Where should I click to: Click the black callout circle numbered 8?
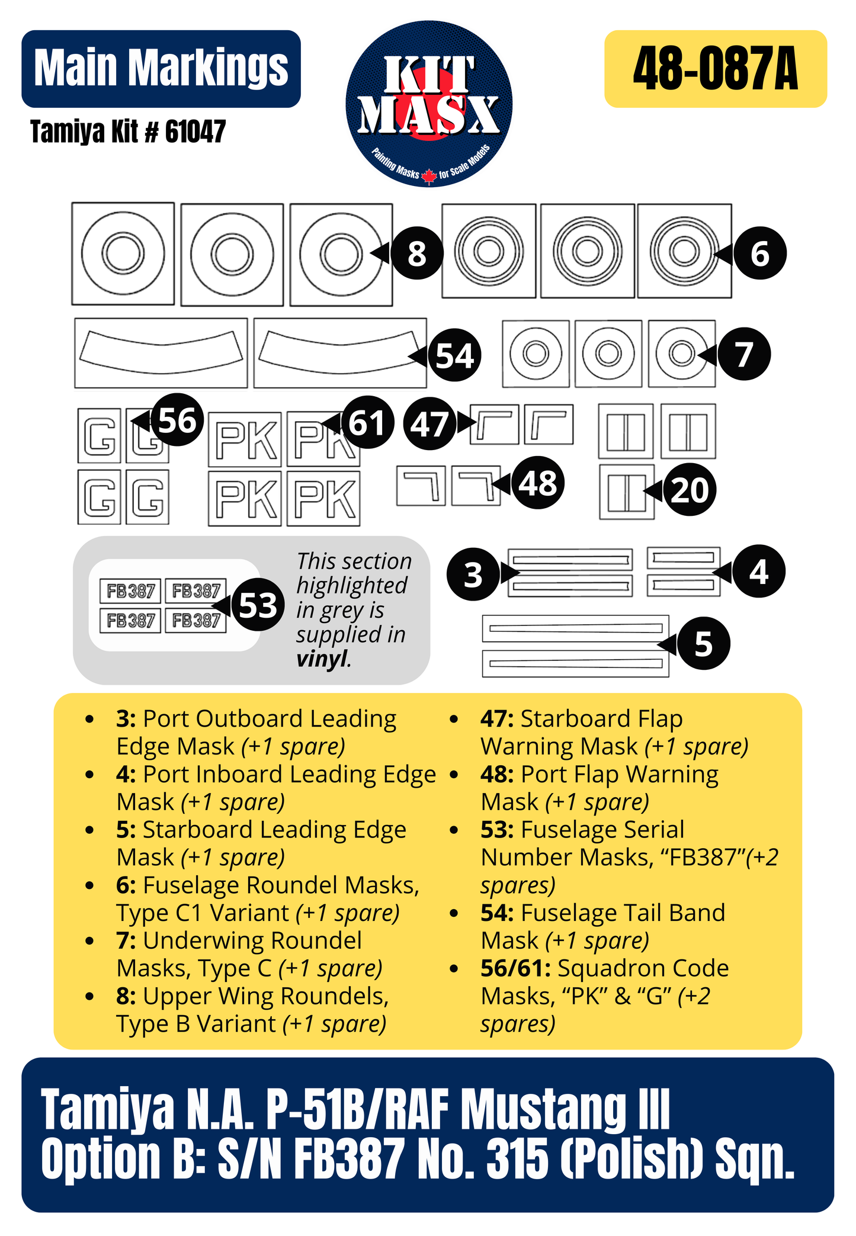(417, 253)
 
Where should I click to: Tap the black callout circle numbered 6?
(760, 253)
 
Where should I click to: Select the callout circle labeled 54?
(454, 355)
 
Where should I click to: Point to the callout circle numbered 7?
(744, 354)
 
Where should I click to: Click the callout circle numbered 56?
(177, 420)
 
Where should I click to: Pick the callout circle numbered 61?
(367, 422)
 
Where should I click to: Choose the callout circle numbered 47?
(429, 423)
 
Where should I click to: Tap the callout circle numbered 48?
(538, 483)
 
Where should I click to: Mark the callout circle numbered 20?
(690, 490)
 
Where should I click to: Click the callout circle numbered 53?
(258, 605)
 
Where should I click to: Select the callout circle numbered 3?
(473, 574)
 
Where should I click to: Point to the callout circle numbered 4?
(759, 572)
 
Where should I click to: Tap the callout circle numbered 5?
(703, 643)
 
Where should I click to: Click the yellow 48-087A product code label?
(716, 69)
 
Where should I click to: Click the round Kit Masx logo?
(429, 104)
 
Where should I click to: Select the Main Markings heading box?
(161, 69)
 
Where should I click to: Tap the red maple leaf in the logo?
(429, 176)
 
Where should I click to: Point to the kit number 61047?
(195, 131)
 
